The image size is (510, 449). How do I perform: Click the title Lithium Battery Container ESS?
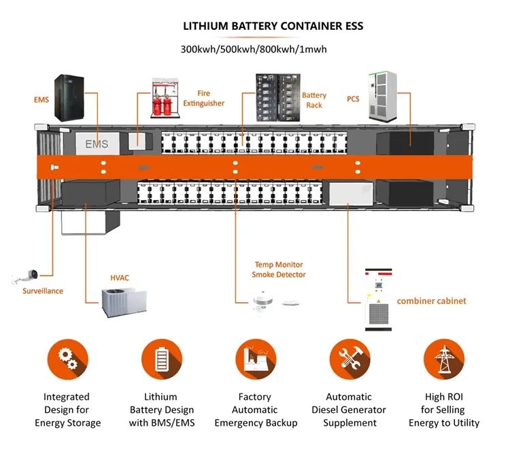pos(273,26)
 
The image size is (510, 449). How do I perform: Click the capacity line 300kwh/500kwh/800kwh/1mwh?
pos(254,50)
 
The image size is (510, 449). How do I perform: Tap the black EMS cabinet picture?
pos(69,97)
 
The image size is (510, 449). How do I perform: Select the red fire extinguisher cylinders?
pos(163,105)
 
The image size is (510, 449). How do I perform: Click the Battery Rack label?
pos(314,100)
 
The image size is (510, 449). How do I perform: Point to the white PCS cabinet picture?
pos(382,97)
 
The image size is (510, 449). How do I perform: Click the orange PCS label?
pos(353,99)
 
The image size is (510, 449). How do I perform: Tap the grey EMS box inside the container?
pos(97,144)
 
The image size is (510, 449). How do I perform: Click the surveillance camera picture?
pos(26,277)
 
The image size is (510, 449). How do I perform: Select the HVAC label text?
pos(120,278)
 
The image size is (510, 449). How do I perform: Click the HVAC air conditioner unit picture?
pos(124,303)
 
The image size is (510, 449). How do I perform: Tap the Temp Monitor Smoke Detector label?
pos(279,269)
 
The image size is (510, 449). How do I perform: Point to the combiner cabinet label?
pos(431,301)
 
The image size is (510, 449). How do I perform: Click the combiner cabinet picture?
pos(378,299)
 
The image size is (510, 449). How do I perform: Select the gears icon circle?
pos(67,359)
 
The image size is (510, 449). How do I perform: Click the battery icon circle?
pos(162,359)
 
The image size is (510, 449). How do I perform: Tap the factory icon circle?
pos(256,359)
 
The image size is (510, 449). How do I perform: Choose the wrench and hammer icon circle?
pos(350,359)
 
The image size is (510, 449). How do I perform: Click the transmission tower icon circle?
pos(444,359)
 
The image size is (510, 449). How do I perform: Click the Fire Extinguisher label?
pos(203,98)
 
